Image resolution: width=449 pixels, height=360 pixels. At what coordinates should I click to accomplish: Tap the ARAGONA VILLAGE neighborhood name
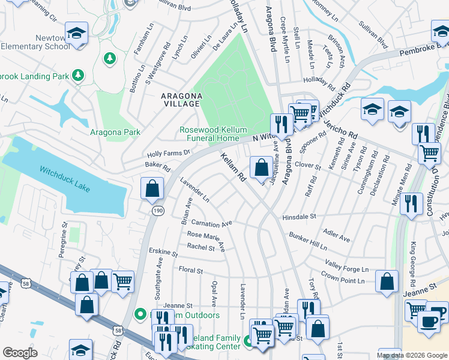tap(180, 100)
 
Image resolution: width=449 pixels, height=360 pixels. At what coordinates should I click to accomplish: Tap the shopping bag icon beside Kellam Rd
tap(261, 168)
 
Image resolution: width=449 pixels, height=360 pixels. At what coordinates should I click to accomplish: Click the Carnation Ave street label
tap(211, 224)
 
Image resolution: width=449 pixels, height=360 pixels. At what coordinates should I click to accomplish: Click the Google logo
tap(20, 352)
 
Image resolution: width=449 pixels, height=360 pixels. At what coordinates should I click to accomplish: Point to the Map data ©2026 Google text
tap(411, 355)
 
